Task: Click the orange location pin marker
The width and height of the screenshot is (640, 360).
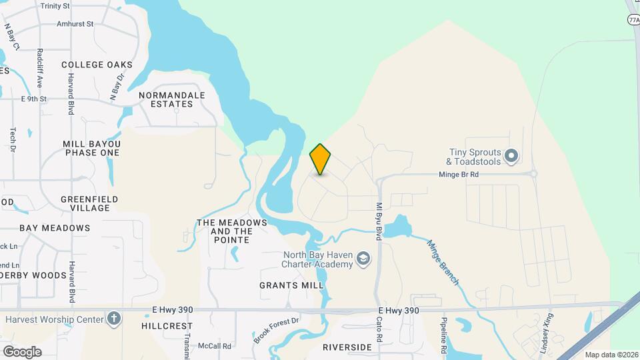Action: pyautogui.click(x=321, y=159)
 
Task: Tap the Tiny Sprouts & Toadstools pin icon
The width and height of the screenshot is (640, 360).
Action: pyautogui.click(x=511, y=157)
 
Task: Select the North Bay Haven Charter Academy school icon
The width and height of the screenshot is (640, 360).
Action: pyautogui.click(x=363, y=258)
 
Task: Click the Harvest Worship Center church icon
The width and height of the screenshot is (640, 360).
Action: pyautogui.click(x=114, y=319)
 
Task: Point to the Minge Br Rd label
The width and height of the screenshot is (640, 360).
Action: pyautogui.click(x=459, y=174)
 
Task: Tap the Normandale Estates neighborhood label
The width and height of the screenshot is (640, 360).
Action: pyautogui.click(x=171, y=99)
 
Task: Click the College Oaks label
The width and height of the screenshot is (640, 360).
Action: pyautogui.click(x=97, y=65)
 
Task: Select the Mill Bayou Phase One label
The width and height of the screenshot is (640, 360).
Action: pyautogui.click(x=91, y=148)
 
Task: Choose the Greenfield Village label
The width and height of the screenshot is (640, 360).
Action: pyautogui.click(x=89, y=203)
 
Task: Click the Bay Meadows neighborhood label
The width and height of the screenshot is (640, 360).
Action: pyautogui.click(x=55, y=228)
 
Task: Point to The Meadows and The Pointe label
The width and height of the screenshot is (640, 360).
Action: pyautogui.click(x=232, y=227)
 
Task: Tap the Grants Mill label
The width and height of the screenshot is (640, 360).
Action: pyautogui.click(x=291, y=285)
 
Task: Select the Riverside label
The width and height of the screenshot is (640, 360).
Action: pyautogui.click(x=347, y=347)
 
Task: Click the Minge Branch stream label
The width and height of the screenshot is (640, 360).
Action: pyautogui.click(x=443, y=263)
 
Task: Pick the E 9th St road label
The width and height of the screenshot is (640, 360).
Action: pyautogui.click(x=34, y=99)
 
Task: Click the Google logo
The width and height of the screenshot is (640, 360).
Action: pyautogui.click(x=22, y=351)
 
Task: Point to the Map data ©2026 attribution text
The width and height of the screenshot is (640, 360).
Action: pyautogui.click(x=611, y=355)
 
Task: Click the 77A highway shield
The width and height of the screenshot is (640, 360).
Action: pyautogui.click(x=633, y=20)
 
